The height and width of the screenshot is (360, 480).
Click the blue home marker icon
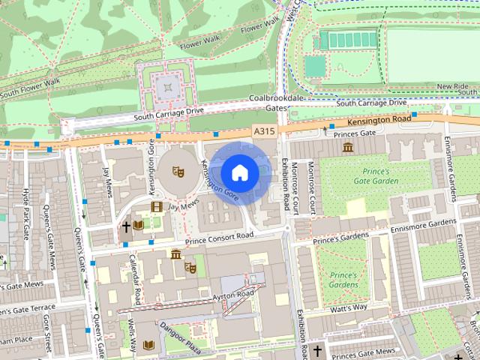(x=239, y=172)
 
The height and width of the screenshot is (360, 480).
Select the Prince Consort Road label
(x=219, y=238)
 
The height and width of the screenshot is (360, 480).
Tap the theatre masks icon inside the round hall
(x=178, y=171)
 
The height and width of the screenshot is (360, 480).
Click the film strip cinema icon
(x=157, y=206)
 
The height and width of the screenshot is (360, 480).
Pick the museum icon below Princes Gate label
(x=347, y=147)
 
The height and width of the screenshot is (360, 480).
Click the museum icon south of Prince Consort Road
(x=175, y=254)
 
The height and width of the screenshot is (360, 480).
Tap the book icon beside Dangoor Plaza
(x=148, y=345)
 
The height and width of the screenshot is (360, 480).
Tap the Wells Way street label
(x=132, y=336)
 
